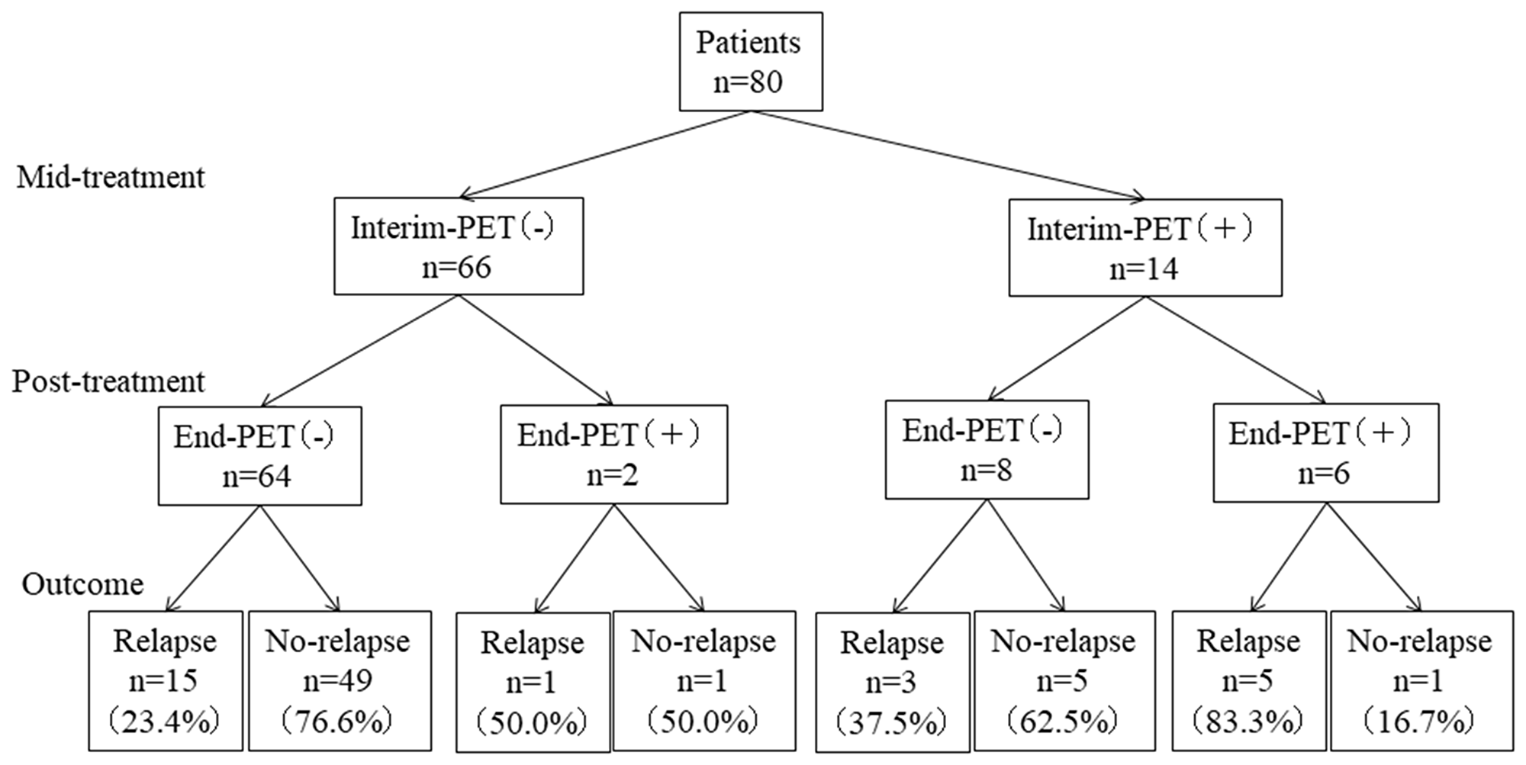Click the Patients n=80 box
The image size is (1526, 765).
751,61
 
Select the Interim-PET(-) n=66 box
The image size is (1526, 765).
459,246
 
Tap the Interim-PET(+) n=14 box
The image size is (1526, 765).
1144,248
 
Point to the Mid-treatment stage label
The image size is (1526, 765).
111,177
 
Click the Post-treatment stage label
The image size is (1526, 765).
108,381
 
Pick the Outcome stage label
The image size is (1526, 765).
82,584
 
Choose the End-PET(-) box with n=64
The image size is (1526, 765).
259,455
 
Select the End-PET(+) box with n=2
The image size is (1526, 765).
613,454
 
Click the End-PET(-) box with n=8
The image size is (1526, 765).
987,450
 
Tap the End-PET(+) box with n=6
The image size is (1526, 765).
1325,452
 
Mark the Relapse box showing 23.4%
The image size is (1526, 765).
166,680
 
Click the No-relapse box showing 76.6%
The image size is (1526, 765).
339,680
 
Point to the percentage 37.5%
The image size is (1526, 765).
891,721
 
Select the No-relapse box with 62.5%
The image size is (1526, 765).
1064,680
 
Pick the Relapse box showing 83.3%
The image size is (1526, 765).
1248,680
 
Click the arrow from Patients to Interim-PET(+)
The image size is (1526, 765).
946,155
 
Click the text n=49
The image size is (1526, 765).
338,680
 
